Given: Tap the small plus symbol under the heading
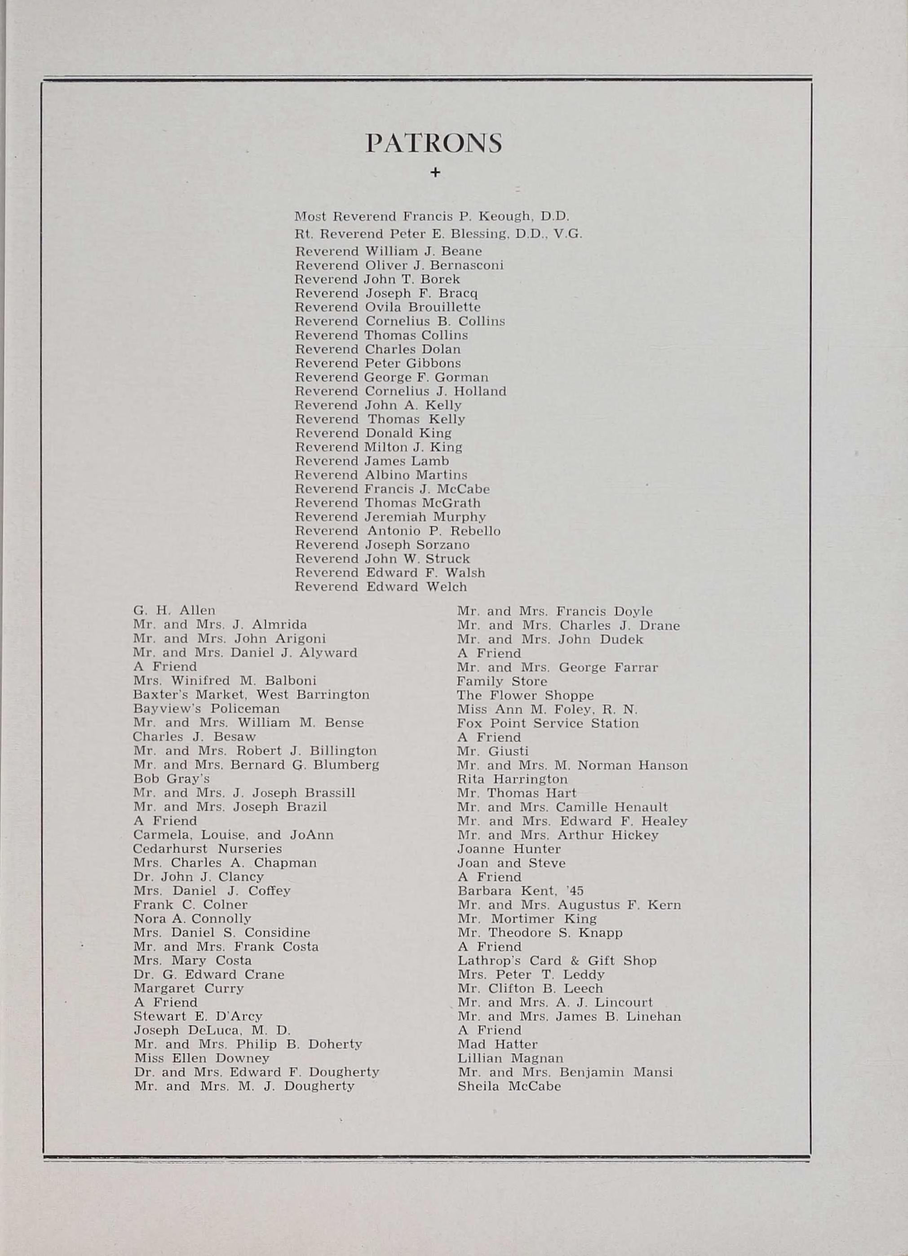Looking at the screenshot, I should point(435,173).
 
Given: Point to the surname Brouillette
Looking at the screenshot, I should point(444,307).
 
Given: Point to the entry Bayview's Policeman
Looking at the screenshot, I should point(206,709).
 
